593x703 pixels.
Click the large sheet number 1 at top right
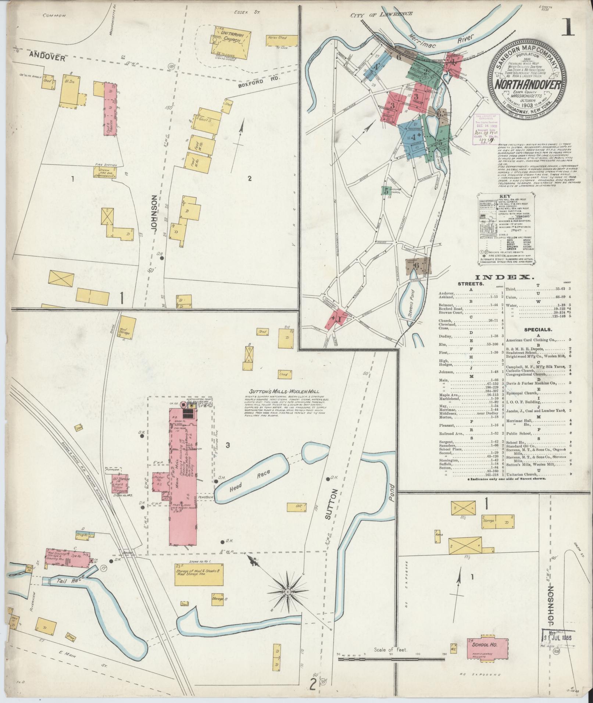pyautogui.click(x=569, y=27)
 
